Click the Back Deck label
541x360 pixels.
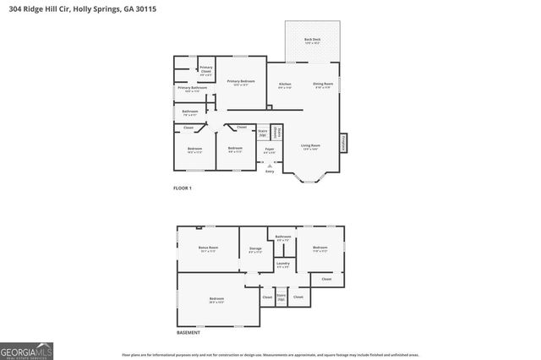[313, 41]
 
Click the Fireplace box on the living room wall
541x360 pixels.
[343, 144]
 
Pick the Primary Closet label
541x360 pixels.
[206, 68]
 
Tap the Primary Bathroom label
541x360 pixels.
[192, 89]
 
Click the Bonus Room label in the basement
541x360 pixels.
[208, 249]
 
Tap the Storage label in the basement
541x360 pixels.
[255, 249]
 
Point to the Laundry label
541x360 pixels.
[283, 265]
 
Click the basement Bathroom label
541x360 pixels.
[283, 237]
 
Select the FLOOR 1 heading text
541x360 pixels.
[182, 188]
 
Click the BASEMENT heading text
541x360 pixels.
[188, 332]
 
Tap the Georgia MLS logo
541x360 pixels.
[26, 349]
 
